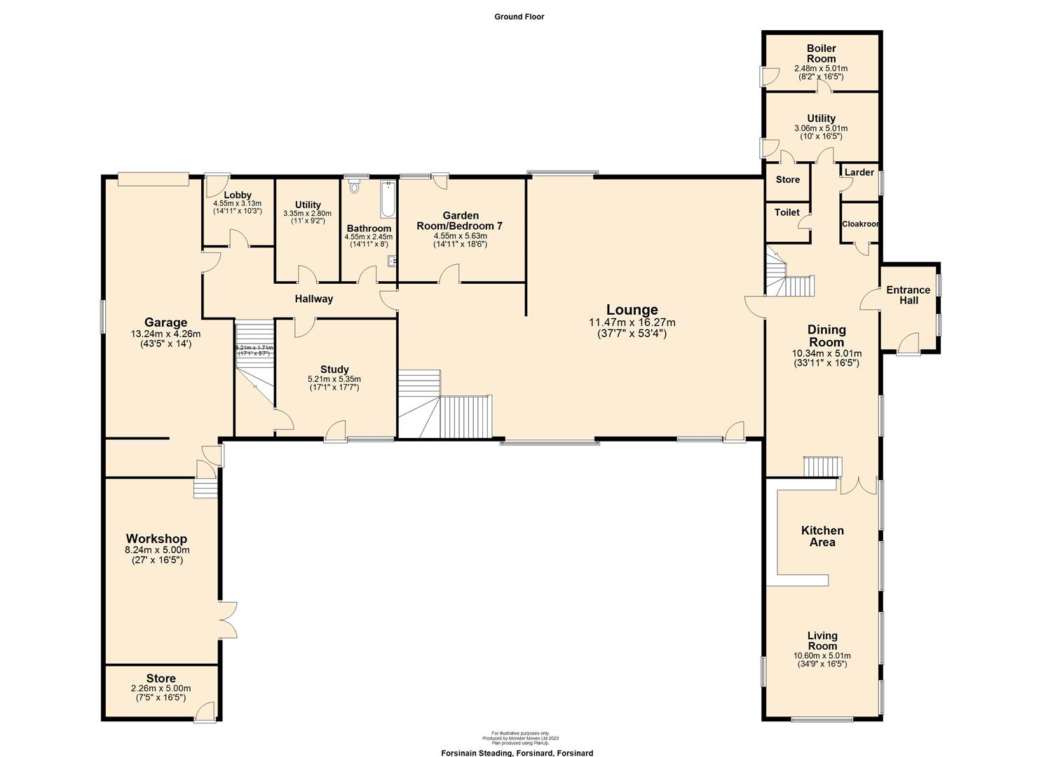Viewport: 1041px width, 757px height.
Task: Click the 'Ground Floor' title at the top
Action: tap(519, 17)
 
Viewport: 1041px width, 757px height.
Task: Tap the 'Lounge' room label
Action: tap(632, 310)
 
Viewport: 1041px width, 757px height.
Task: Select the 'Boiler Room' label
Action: tap(821, 53)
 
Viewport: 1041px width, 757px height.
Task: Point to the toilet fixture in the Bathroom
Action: tap(354, 186)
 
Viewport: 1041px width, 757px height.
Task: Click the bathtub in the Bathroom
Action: tap(387, 199)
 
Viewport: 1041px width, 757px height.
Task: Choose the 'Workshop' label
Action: tap(156, 539)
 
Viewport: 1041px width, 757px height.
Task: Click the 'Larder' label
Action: tap(859, 172)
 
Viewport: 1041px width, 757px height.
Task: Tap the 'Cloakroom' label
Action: tap(860, 224)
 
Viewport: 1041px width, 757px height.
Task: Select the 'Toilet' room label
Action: tap(787, 212)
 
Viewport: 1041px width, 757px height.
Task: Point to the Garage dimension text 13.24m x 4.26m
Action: tap(165, 334)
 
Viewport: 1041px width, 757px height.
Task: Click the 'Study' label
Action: tap(334, 369)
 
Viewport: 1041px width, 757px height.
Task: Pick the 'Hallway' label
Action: tap(313, 299)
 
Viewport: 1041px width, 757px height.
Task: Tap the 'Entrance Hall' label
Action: tap(908, 295)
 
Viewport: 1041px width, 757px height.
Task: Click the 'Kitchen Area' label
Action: tap(822, 536)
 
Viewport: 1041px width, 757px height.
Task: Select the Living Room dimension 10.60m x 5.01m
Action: tap(822, 656)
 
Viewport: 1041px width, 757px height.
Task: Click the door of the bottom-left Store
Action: tap(206, 713)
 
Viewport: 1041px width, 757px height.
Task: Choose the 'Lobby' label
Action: tap(238, 196)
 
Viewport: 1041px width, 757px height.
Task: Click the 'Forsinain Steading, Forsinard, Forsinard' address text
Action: tap(517, 753)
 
